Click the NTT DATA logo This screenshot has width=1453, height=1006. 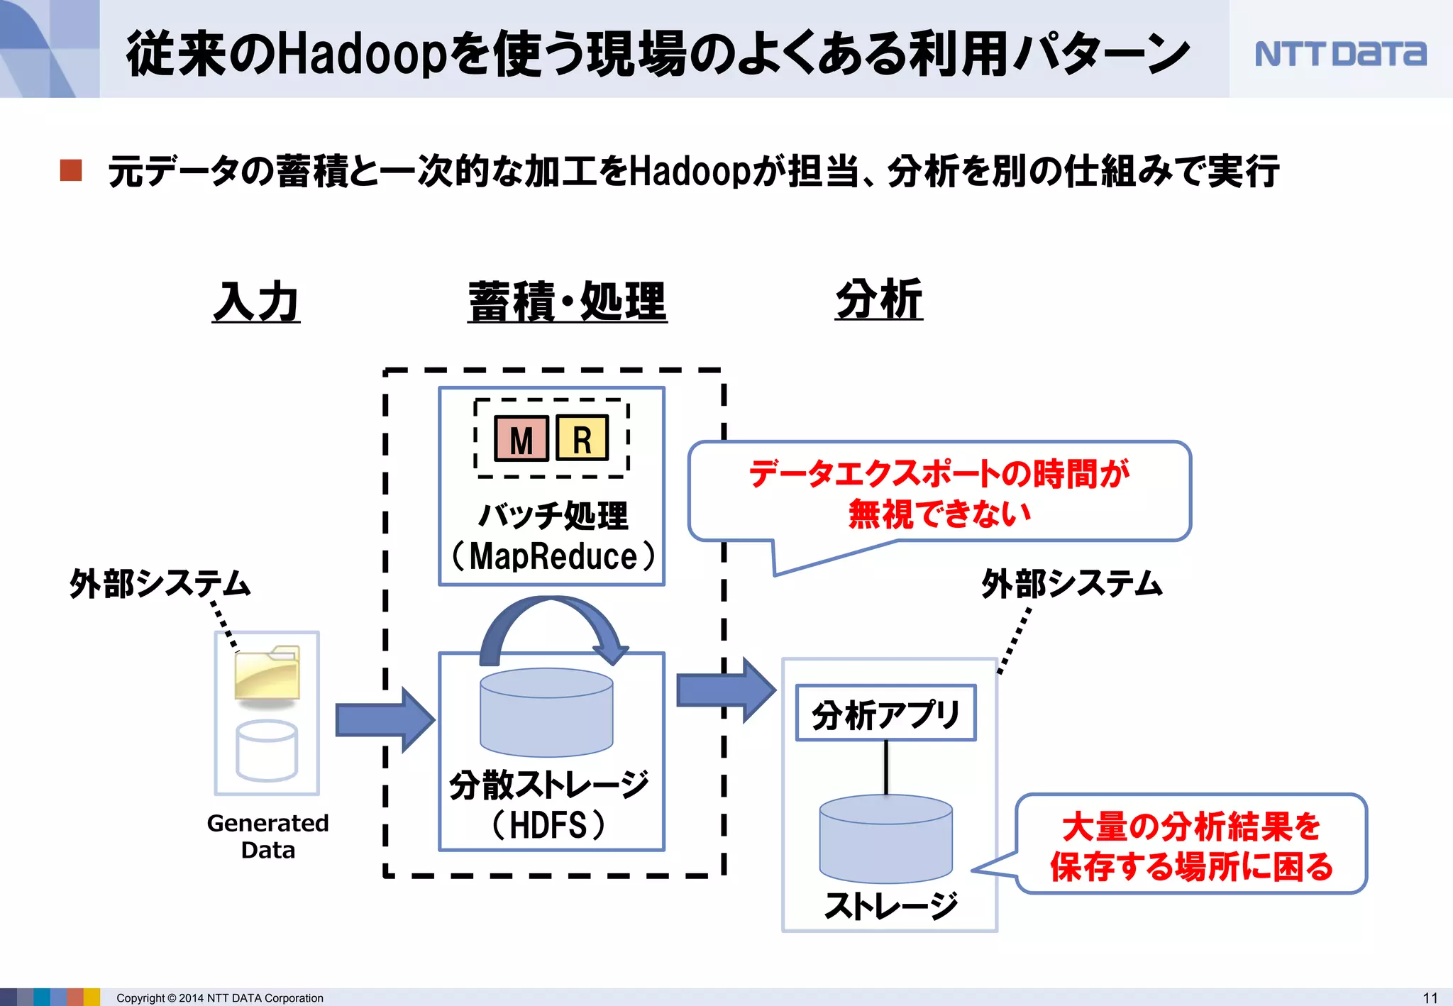pos(1339,54)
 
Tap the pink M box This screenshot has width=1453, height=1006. pos(521,439)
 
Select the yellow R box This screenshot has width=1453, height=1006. pos(582,438)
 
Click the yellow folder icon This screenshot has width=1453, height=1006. pos(267,673)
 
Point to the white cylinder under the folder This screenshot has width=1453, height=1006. pos(267,750)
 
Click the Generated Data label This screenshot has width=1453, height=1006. pos(267,836)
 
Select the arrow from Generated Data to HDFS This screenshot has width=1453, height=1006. pos(384,719)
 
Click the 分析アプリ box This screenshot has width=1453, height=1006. pos(885,714)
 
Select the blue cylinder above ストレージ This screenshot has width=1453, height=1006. pos(885,838)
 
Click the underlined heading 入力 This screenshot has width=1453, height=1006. pos(256,302)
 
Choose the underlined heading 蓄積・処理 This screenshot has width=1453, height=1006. pos(567,302)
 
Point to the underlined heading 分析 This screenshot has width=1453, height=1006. pos(879,299)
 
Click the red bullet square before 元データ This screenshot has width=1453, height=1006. pos(71,170)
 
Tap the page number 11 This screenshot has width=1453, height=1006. pos(1430,997)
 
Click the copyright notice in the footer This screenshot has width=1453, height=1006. pos(219,998)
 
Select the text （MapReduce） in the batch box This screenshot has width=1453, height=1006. pos(553,556)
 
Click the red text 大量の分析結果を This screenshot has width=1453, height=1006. pos(1191,826)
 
